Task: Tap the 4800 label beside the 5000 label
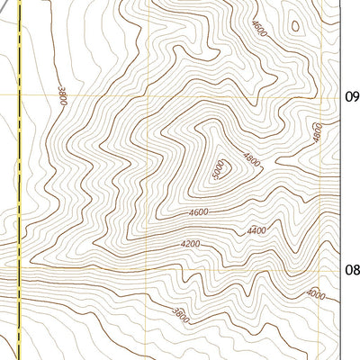point(251,163)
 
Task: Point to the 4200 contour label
point(190,244)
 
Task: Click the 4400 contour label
point(256,231)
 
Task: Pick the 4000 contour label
point(315,294)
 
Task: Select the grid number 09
point(352,96)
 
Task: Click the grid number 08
point(352,268)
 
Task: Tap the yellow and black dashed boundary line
point(19,180)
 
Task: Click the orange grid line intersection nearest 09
point(321,94)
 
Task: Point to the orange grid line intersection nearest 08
point(321,268)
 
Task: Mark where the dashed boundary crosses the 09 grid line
point(19,94)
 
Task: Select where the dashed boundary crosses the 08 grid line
point(19,268)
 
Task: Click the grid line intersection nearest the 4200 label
point(147,268)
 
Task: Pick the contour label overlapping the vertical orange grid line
point(318,131)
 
